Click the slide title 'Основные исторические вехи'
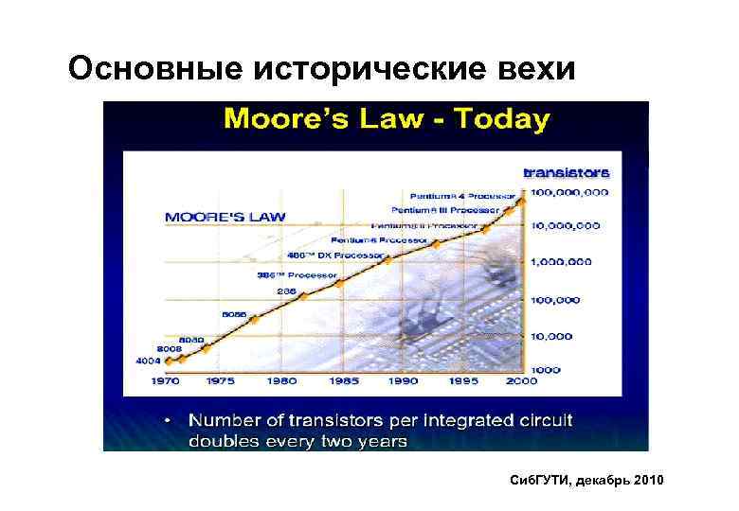[321, 68]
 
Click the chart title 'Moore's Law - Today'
[386, 120]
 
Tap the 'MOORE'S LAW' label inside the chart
[225, 217]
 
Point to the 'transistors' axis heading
[567, 172]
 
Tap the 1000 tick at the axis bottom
[546, 369]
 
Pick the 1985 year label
[344, 381]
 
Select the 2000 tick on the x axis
[521, 381]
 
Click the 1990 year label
[405, 381]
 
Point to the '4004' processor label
[148, 361]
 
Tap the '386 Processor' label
[297, 275]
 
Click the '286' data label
[287, 291]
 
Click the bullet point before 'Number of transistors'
[167, 417]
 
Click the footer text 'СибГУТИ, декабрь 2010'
[586, 482]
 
